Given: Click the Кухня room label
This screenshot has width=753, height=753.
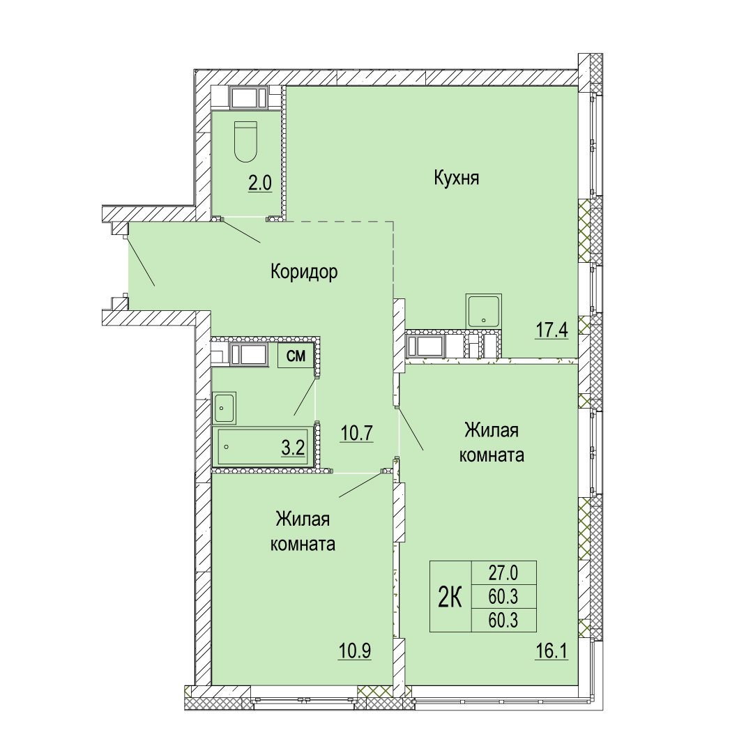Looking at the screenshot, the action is pos(456,178).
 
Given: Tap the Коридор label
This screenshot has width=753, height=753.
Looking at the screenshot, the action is pos(304,272).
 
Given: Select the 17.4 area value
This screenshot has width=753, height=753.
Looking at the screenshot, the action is pos(552,330).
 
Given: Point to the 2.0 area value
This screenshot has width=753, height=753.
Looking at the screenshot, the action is pos(260,183).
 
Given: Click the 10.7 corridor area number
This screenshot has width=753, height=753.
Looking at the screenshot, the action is pos(357,434).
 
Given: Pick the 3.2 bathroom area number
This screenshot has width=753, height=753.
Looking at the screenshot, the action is pos(293,448).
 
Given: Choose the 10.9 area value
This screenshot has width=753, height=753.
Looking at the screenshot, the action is pos(355,652).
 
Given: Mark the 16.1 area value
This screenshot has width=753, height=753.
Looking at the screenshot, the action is pos(552,652).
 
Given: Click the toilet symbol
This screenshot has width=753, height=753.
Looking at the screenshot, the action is pos(246,141).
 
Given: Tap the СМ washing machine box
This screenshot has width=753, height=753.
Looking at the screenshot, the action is pos(296,356).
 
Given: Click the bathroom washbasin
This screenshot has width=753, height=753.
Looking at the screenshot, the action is pos(224,408).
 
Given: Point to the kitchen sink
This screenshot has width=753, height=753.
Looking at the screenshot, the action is pos(484,311).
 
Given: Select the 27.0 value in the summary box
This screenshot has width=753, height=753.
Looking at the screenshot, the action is pos(503,573).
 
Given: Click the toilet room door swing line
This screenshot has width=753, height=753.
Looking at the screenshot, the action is pos(241,231).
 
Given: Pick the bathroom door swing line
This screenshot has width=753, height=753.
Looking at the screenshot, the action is pos(305,397).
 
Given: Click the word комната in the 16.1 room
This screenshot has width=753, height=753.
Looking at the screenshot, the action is pos(492,455).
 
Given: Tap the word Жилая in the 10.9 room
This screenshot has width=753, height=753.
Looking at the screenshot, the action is pos(303,519).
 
